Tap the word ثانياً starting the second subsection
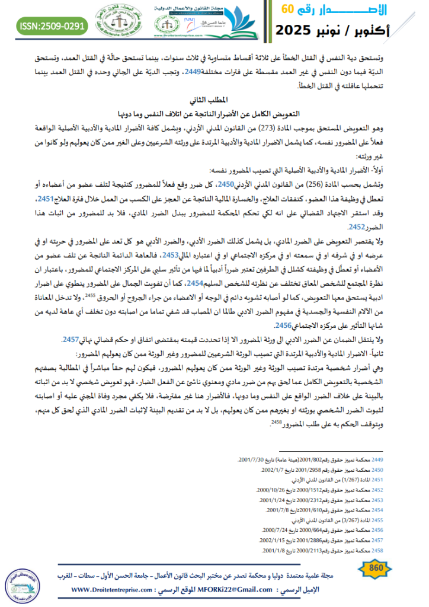pos(389,350)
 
